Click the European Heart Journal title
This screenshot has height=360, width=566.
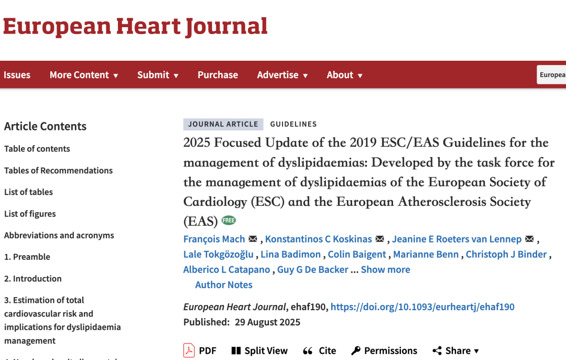click(x=135, y=27)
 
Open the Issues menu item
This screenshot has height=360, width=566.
click(x=17, y=75)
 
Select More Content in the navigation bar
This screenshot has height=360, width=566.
click(x=84, y=75)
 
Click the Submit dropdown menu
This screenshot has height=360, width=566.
click(x=158, y=75)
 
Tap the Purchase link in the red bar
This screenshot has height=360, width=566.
click(x=217, y=75)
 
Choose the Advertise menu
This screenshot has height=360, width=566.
click(x=282, y=75)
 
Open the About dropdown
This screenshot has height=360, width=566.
click(x=344, y=75)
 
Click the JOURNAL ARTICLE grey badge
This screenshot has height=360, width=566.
click(x=223, y=124)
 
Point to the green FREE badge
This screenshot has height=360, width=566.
click(x=228, y=221)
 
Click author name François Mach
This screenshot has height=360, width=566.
click(x=214, y=239)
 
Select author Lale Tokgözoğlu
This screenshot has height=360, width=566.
click(x=218, y=254)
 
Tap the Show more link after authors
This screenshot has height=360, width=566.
click(x=385, y=269)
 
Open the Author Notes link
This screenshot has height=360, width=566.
click(x=224, y=285)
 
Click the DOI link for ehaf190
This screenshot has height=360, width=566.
click(x=422, y=307)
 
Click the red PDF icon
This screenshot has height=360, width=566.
click(x=189, y=350)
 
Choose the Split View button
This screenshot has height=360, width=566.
click(x=259, y=351)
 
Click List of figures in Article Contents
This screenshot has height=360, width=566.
click(x=30, y=214)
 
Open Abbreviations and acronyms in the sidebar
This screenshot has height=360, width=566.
click(x=59, y=235)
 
